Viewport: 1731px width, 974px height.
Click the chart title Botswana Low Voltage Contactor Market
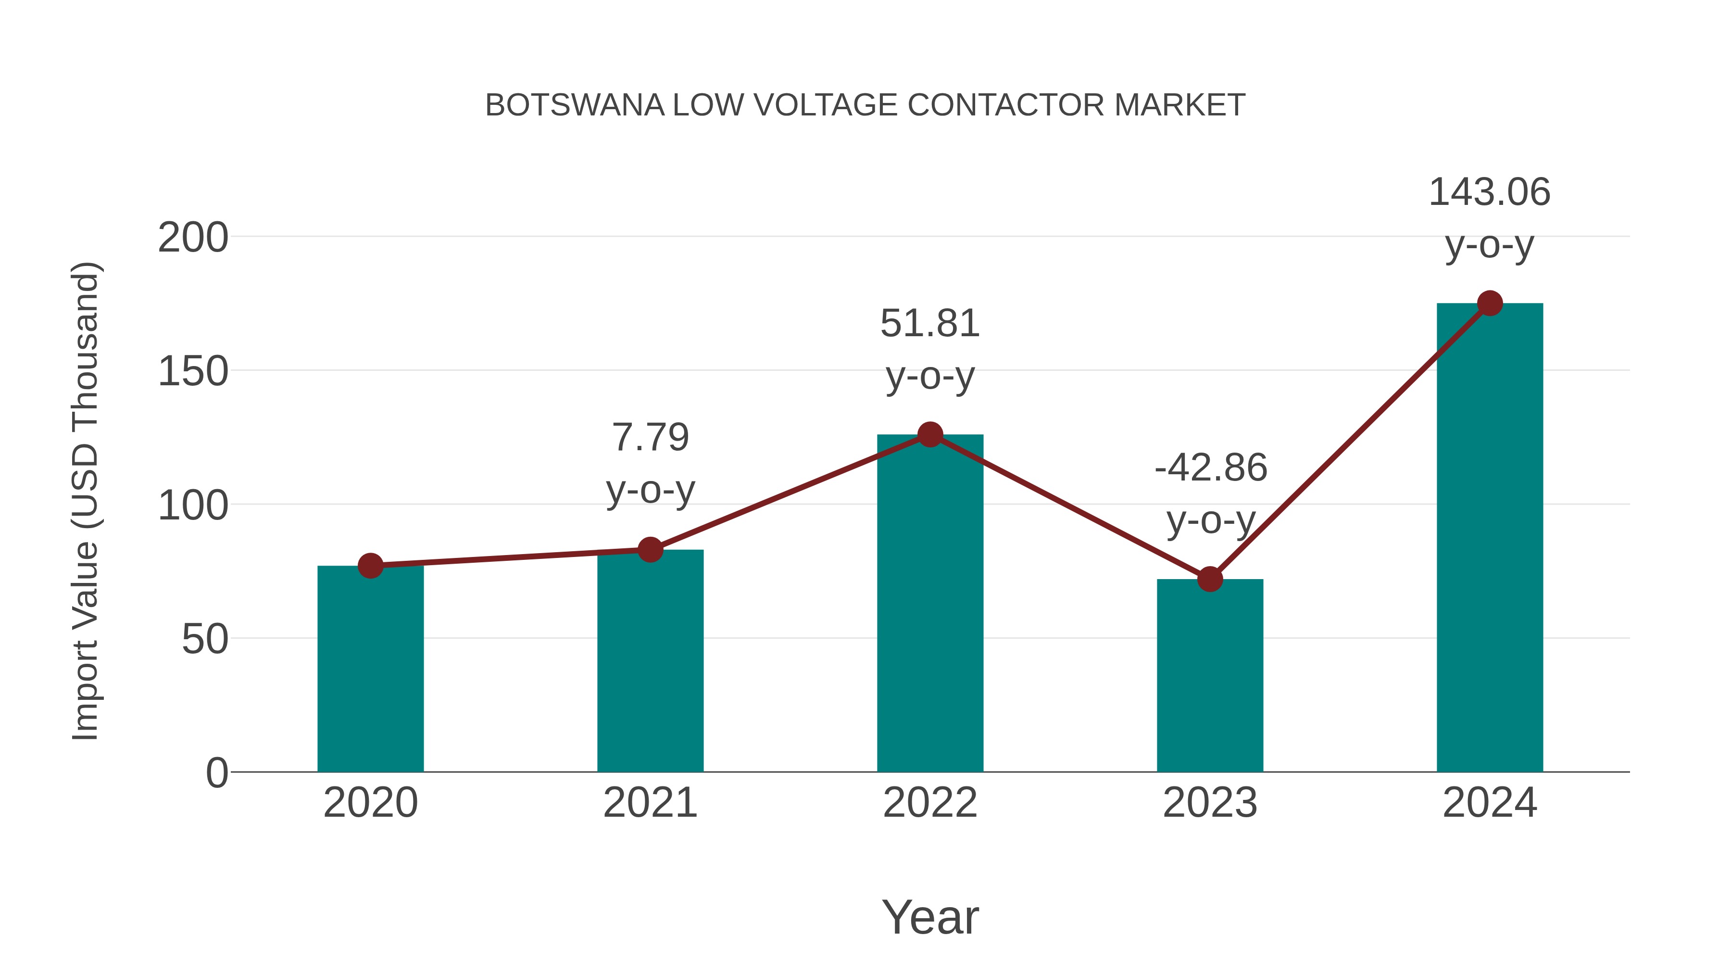click(865, 105)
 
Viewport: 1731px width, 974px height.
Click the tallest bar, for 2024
click(1489, 538)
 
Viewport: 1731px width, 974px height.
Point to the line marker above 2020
click(370, 566)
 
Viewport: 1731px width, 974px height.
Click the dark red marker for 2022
click(929, 435)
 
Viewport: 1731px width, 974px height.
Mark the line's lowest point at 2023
click(1210, 579)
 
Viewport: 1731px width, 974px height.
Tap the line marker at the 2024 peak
click(1489, 304)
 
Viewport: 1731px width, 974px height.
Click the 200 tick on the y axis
click(193, 238)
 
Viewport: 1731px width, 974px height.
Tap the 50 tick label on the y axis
click(204, 639)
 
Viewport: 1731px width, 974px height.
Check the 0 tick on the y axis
click(216, 773)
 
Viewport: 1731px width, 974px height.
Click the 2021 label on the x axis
click(650, 803)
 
